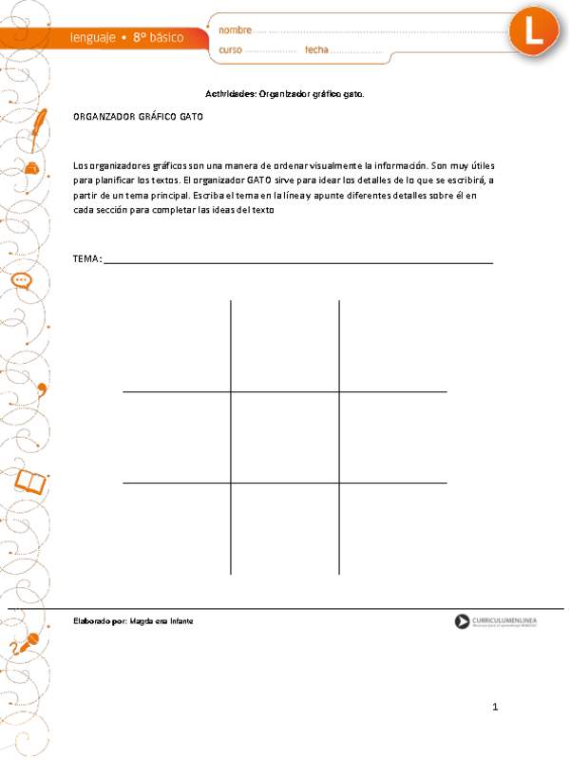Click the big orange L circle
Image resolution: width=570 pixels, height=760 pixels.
537,30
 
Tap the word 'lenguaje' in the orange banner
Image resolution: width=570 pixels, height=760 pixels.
94,37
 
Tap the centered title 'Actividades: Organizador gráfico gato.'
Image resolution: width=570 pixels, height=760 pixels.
285,94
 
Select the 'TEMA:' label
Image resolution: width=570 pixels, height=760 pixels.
87,259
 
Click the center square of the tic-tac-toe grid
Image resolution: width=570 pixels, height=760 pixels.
285,437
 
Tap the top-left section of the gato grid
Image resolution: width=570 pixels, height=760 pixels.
177,347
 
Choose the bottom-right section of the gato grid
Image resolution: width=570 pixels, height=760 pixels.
393,528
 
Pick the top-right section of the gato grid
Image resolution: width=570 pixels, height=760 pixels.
393,347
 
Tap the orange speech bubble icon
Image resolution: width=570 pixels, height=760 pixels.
22,281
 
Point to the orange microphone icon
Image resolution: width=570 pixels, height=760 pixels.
27,643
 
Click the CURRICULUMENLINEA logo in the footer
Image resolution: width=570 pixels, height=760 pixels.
495,621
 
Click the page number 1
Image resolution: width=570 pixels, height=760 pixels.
495,707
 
